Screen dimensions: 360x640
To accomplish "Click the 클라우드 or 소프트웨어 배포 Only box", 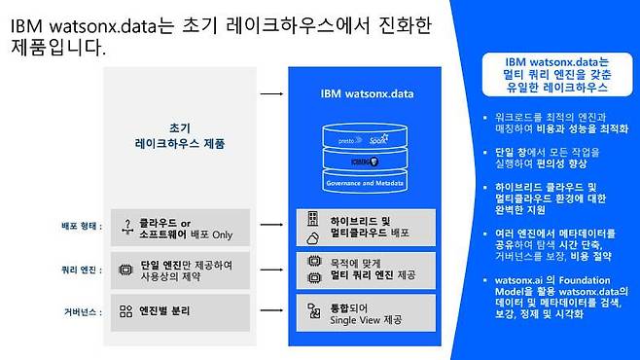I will point(180,227).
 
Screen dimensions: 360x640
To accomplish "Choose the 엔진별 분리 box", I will point(180,312).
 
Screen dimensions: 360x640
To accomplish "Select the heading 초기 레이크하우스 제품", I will point(181,135).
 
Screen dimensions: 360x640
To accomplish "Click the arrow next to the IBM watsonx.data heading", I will point(272,93).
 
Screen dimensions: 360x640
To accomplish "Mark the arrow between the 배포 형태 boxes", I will point(272,227).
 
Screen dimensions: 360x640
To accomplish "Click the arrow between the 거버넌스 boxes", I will point(272,312).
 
